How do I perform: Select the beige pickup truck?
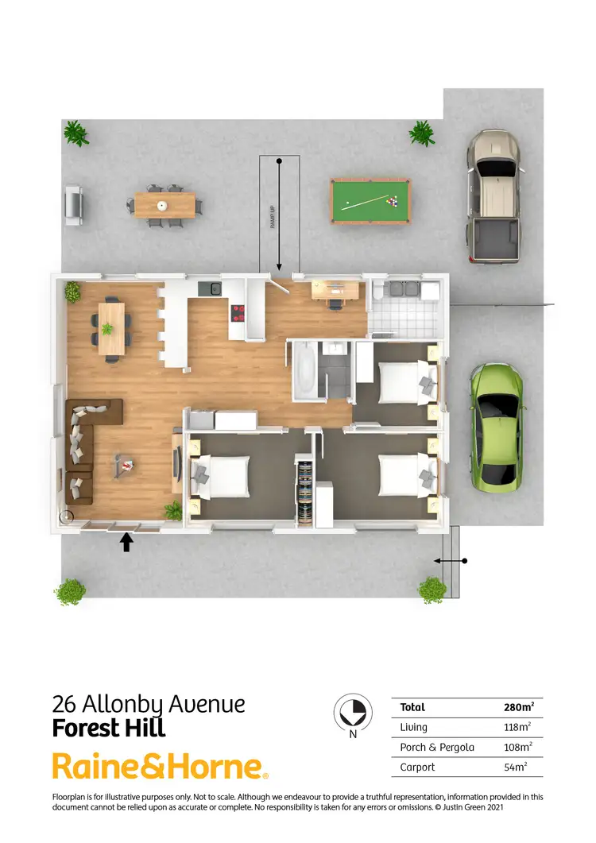493,196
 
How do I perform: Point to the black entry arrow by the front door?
126,542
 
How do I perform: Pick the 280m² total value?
518,707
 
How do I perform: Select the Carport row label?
417,767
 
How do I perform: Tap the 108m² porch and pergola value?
517,747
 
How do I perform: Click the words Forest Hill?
109,728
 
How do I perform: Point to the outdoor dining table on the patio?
164,205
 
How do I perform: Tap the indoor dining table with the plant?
111,328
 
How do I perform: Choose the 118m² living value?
517,727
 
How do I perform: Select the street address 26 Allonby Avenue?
149,703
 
